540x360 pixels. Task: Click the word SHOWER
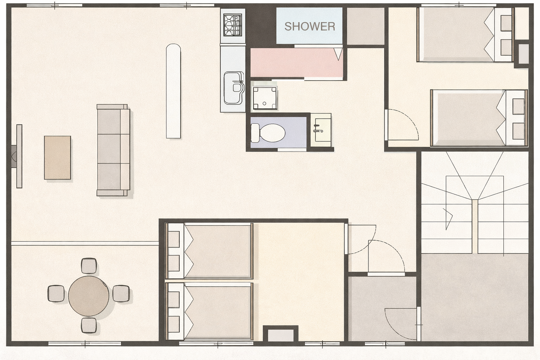310,26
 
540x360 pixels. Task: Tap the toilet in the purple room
268,133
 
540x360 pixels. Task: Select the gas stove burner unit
233,25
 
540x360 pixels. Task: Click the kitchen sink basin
233,88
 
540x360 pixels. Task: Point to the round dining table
89,296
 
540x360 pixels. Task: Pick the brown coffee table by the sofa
57,158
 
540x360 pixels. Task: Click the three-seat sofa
113,150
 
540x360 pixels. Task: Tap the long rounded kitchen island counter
173,91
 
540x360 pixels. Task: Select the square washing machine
264,98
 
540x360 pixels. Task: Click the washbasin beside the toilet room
321,130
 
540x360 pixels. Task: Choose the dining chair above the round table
89,266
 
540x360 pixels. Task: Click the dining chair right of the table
121,294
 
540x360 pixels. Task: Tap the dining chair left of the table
56,294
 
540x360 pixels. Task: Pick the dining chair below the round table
89,325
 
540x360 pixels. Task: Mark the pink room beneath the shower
297,63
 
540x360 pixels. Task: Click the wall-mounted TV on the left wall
19,156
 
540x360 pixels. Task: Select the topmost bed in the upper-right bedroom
465,34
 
